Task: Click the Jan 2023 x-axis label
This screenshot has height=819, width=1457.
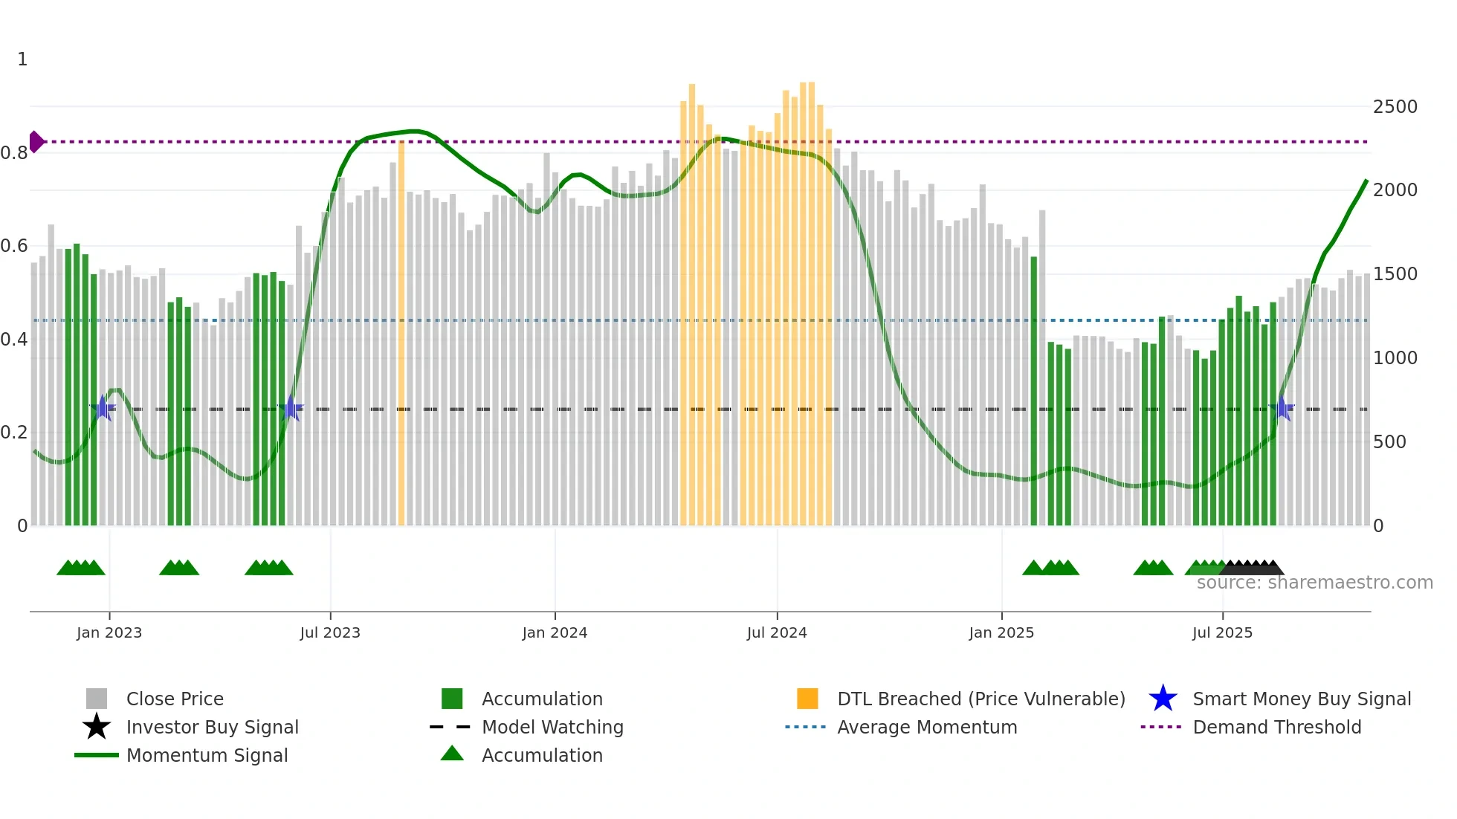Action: click(109, 632)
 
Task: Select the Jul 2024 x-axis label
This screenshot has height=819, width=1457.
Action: click(777, 632)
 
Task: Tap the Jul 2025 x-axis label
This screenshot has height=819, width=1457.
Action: click(1222, 632)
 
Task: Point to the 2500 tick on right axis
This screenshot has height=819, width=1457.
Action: click(1395, 107)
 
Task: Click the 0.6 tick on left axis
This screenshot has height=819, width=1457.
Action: click(14, 246)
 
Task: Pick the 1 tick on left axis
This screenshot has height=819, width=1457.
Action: click(22, 59)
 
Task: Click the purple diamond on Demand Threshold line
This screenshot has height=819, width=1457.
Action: click(36, 141)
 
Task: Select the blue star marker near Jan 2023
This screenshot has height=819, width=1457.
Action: click(103, 408)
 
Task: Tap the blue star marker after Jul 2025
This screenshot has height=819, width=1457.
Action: click(1282, 408)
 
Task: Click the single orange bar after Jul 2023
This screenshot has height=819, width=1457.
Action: click(401, 333)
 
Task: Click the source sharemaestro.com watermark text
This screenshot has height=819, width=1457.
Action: click(1314, 583)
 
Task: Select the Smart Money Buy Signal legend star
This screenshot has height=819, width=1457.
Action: click(1163, 699)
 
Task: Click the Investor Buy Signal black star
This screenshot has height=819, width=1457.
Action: click(97, 727)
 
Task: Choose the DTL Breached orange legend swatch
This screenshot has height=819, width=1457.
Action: click(807, 699)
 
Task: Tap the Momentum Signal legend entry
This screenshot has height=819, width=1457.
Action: click(207, 755)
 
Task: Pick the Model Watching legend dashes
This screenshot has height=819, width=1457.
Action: click(450, 727)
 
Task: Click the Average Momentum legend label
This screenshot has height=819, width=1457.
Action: click(927, 727)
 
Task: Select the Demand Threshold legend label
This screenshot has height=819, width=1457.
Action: click(1276, 727)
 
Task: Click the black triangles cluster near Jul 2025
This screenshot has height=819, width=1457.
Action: click(1252, 568)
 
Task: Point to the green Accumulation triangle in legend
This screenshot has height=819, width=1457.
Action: click(452, 754)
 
